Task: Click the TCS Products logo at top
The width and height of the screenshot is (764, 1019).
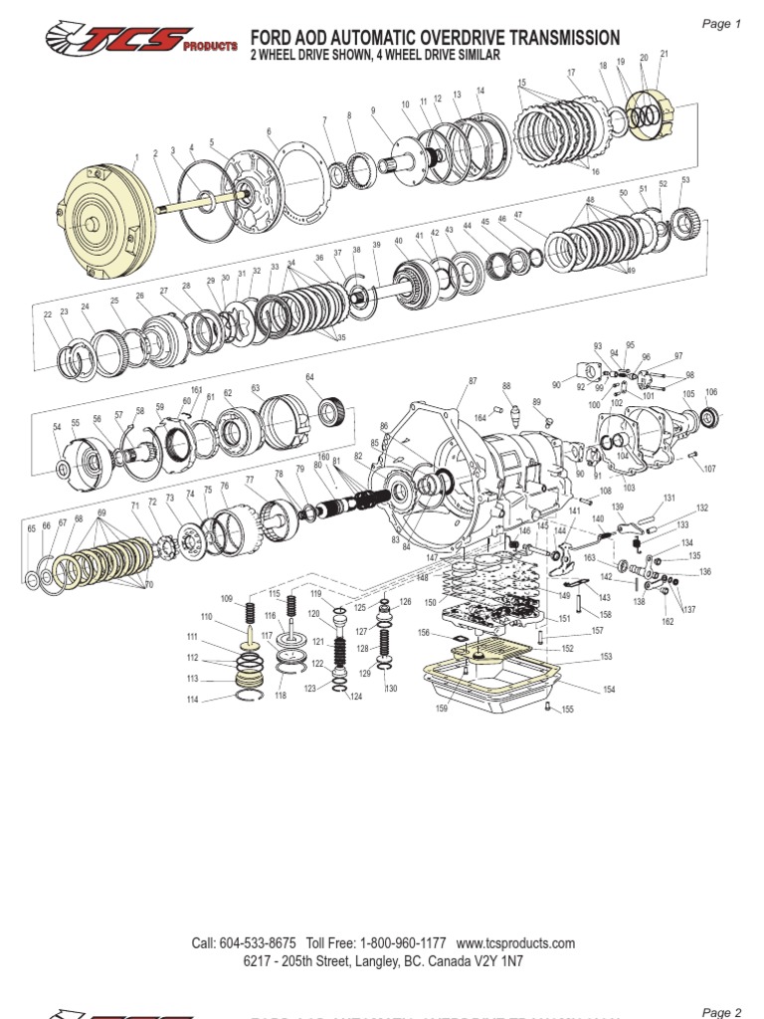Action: coord(141,41)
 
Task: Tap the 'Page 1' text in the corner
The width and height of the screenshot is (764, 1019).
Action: coord(721,24)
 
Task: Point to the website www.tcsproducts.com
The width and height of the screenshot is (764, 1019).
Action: coord(516,943)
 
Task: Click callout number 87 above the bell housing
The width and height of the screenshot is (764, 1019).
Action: coord(473,381)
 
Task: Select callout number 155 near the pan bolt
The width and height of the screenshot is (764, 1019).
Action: coord(567,710)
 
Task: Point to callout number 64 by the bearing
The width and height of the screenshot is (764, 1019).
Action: coord(310,377)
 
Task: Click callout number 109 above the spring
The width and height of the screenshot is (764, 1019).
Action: coord(227,598)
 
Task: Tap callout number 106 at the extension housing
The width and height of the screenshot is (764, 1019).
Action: coord(710,392)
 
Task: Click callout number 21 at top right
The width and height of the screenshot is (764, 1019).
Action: coord(664,54)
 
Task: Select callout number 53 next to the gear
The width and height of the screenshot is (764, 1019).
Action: coord(685,180)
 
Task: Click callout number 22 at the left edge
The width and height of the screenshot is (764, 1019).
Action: coord(48,314)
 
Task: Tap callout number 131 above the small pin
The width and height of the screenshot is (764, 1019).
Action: coord(669,498)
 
